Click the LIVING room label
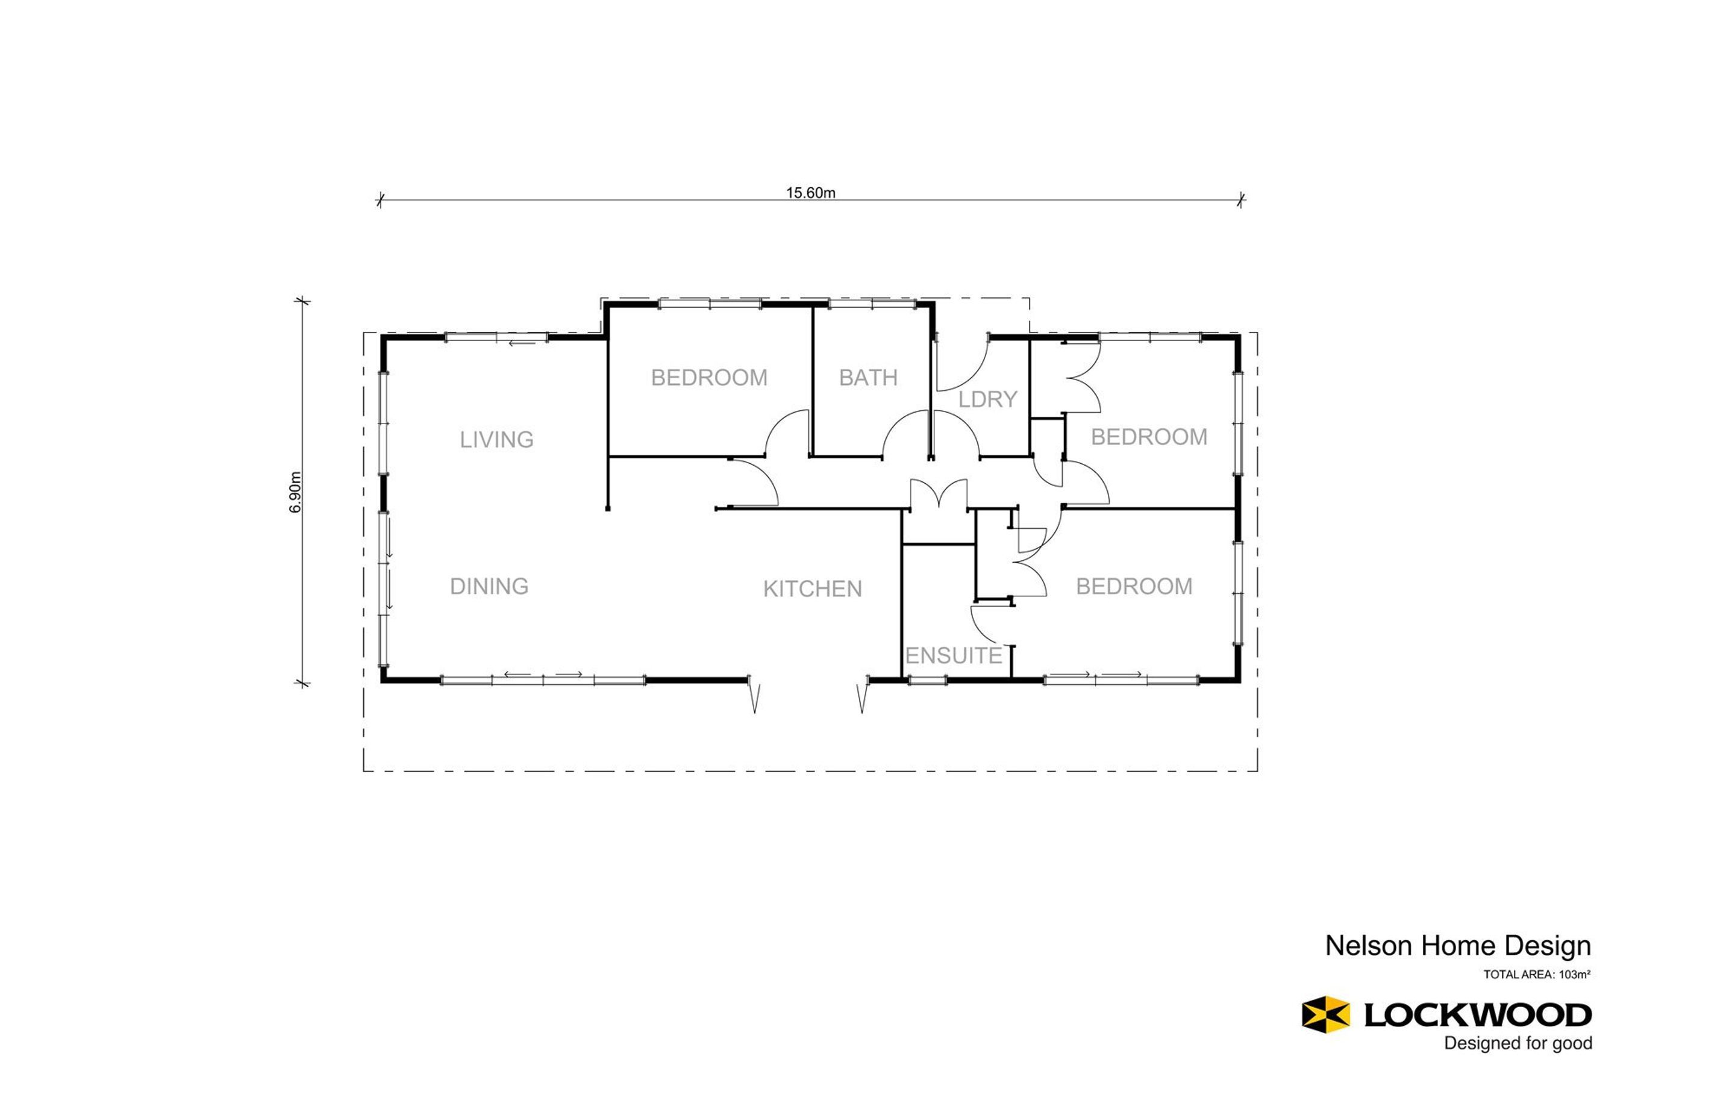[x=496, y=440]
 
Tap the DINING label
[x=489, y=587]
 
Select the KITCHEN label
[x=812, y=589]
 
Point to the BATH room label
[x=868, y=378]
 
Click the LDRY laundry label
[x=987, y=399]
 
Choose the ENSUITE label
[x=953, y=656]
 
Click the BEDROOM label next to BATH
[x=708, y=378]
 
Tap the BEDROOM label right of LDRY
[x=1148, y=437]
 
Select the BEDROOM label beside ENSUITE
[x=1133, y=587]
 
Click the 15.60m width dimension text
[x=810, y=192]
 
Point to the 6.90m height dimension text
[x=295, y=492]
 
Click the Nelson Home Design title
[x=1458, y=946]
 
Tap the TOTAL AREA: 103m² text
[x=1536, y=975]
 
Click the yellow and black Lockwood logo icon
[x=1325, y=1014]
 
